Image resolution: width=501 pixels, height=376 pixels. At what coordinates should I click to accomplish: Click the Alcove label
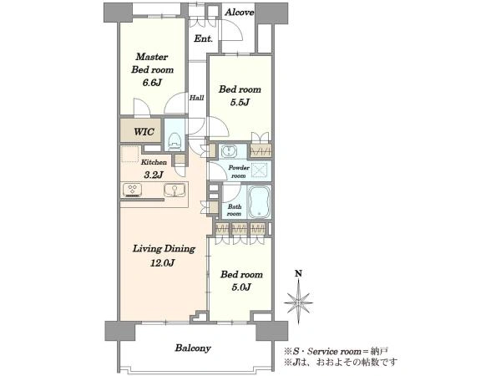(240, 13)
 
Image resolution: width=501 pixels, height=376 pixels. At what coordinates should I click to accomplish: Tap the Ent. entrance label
(204, 39)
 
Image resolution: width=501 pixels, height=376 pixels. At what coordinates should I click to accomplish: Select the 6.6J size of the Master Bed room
(152, 83)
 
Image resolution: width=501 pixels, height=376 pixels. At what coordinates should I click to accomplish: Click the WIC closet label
(144, 132)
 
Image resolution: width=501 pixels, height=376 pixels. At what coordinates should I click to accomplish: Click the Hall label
(196, 98)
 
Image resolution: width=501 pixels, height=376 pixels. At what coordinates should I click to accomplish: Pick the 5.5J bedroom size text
(240, 103)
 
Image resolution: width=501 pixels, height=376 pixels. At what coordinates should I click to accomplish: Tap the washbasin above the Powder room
(229, 151)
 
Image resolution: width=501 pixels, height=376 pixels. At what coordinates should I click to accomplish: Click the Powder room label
(239, 171)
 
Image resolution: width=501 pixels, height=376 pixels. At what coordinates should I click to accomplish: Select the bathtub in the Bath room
(260, 202)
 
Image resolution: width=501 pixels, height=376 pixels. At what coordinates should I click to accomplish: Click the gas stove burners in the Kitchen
(133, 190)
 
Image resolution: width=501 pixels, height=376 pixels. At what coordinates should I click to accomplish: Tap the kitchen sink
(175, 191)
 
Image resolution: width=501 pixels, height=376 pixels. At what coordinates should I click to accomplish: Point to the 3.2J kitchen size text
(154, 175)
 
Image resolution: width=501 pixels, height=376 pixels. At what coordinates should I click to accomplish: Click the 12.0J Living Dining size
(163, 263)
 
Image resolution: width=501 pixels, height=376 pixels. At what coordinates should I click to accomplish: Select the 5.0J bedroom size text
(241, 287)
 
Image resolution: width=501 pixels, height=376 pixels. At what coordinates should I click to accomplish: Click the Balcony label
(193, 348)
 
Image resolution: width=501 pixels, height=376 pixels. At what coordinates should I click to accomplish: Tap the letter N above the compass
(298, 273)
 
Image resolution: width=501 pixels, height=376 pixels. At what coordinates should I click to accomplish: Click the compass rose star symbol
(298, 302)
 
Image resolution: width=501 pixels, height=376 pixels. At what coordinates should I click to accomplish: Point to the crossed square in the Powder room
(259, 170)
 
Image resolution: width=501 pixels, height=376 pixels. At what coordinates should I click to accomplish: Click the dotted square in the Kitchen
(130, 154)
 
